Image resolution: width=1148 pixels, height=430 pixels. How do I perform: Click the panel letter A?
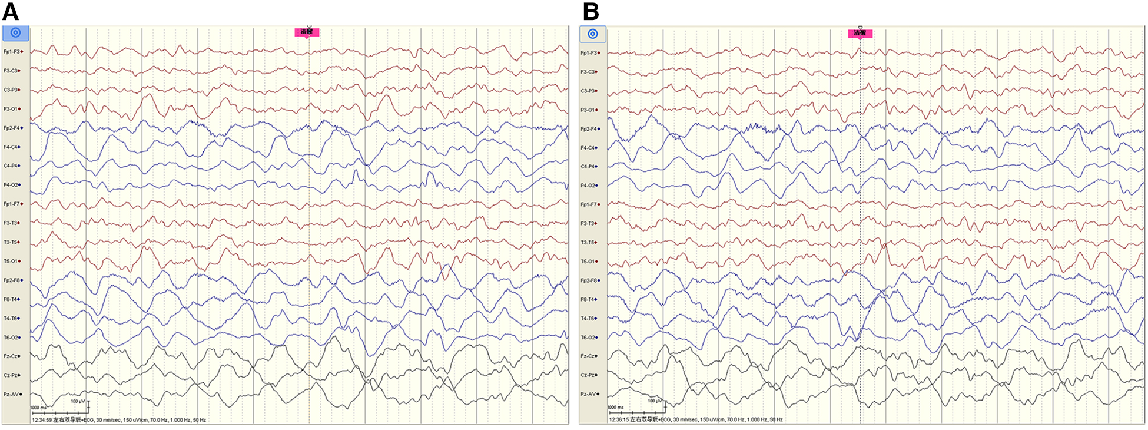pyautogui.click(x=10, y=11)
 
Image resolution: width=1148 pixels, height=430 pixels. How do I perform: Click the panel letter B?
pyautogui.click(x=590, y=11)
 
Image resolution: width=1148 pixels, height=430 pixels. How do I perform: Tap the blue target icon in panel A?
pyautogui.click(x=16, y=33)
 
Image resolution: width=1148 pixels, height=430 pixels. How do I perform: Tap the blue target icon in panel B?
pyautogui.click(x=593, y=34)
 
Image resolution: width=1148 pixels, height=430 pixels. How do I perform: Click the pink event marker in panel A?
pyautogui.click(x=307, y=32)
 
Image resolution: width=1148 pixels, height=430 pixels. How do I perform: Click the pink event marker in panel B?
pyautogui.click(x=860, y=34)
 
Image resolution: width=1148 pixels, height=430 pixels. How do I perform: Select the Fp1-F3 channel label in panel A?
pyautogui.click(x=12, y=52)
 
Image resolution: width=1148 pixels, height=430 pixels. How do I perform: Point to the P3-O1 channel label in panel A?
pyautogui.click(x=12, y=109)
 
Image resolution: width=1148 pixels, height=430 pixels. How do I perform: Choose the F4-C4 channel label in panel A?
pyautogui.click(x=12, y=147)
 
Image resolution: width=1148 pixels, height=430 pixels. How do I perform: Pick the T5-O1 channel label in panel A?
pyautogui.click(x=12, y=261)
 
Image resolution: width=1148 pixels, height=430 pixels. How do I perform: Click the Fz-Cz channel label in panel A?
pyautogui.click(x=12, y=356)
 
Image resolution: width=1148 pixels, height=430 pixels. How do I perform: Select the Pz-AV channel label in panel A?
pyautogui.click(x=12, y=394)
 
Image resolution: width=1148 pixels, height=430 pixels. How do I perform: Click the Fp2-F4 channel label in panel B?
pyautogui.click(x=589, y=129)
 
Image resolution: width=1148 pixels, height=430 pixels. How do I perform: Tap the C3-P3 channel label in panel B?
pyautogui.click(x=589, y=91)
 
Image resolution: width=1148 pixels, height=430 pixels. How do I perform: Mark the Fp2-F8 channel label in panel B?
pyautogui.click(x=589, y=280)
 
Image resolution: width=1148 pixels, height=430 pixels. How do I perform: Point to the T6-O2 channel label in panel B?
pyautogui.click(x=589, y=338)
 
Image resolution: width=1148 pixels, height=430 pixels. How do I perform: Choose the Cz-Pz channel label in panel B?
pyautogui.click(x=589, y=375)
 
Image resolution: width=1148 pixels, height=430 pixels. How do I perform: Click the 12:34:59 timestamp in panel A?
pyautogui.click(x=42, y=420)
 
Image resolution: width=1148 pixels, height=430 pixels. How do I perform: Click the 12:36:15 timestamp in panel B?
pyautogui.click(x=619, y=420)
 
